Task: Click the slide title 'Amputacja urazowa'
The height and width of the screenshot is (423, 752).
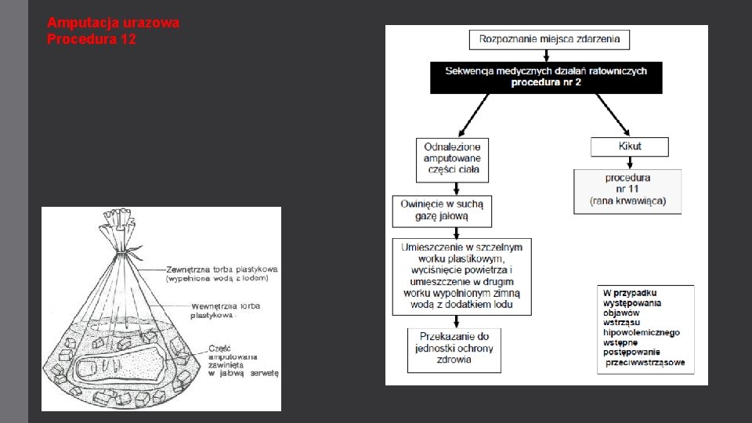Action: [113, 23]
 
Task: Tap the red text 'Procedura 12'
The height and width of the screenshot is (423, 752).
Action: [91, 38]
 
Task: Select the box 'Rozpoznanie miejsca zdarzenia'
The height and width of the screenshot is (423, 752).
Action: [549, 38]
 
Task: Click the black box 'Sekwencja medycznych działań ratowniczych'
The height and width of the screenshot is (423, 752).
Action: [546, 77]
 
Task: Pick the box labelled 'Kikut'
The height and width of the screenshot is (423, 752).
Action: [630, 146]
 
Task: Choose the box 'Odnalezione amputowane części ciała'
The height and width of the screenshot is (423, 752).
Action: [452, 158]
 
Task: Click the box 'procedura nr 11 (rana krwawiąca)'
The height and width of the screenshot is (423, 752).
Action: [627, 190]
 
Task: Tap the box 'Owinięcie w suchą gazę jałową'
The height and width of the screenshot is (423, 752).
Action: [443, 210]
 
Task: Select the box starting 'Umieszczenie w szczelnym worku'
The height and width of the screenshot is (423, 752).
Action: [461, 276]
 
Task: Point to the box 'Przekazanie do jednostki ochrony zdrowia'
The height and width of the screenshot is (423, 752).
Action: [454, 349]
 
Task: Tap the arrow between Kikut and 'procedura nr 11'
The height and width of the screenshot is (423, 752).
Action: [629, 163]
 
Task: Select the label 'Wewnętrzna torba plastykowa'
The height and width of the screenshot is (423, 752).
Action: [225, 310]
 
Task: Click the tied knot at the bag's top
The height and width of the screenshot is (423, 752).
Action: [117, 250]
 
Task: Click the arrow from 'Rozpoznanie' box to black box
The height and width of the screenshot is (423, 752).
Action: [546, 55]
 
